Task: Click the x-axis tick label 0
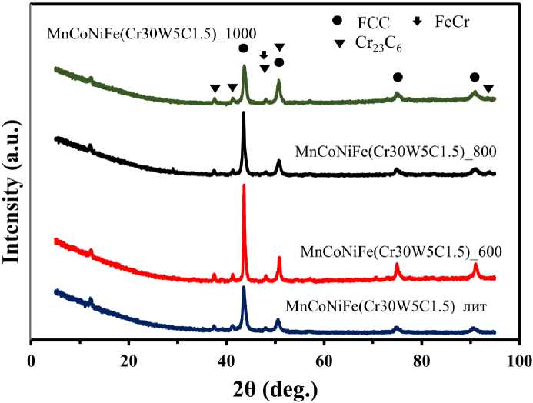[31, 359]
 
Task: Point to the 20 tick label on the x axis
[128, 359]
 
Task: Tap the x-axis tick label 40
[226, 359]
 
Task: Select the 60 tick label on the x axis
[324, 359]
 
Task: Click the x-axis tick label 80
[421, 359]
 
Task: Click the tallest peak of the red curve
[244, 185]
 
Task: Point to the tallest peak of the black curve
[244, 113]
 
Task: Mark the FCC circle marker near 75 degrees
[398, 77]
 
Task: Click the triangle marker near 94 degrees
[488, 88]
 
